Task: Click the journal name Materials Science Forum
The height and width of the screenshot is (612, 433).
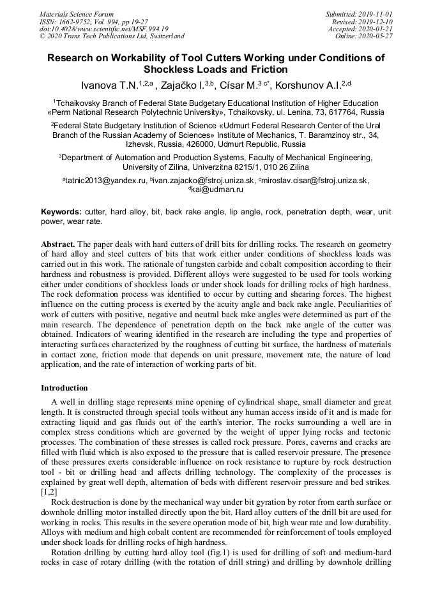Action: (77, 14)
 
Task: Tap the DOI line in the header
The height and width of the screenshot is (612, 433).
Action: (104, 29)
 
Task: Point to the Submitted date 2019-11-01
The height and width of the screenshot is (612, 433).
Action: (360, 14)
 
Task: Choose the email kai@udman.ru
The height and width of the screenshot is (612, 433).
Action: (216, 190)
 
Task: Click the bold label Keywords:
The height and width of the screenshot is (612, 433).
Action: (61, 212)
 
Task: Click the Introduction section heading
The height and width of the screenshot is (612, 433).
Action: (65, 388)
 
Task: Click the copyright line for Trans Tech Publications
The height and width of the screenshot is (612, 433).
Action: (112, 36)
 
